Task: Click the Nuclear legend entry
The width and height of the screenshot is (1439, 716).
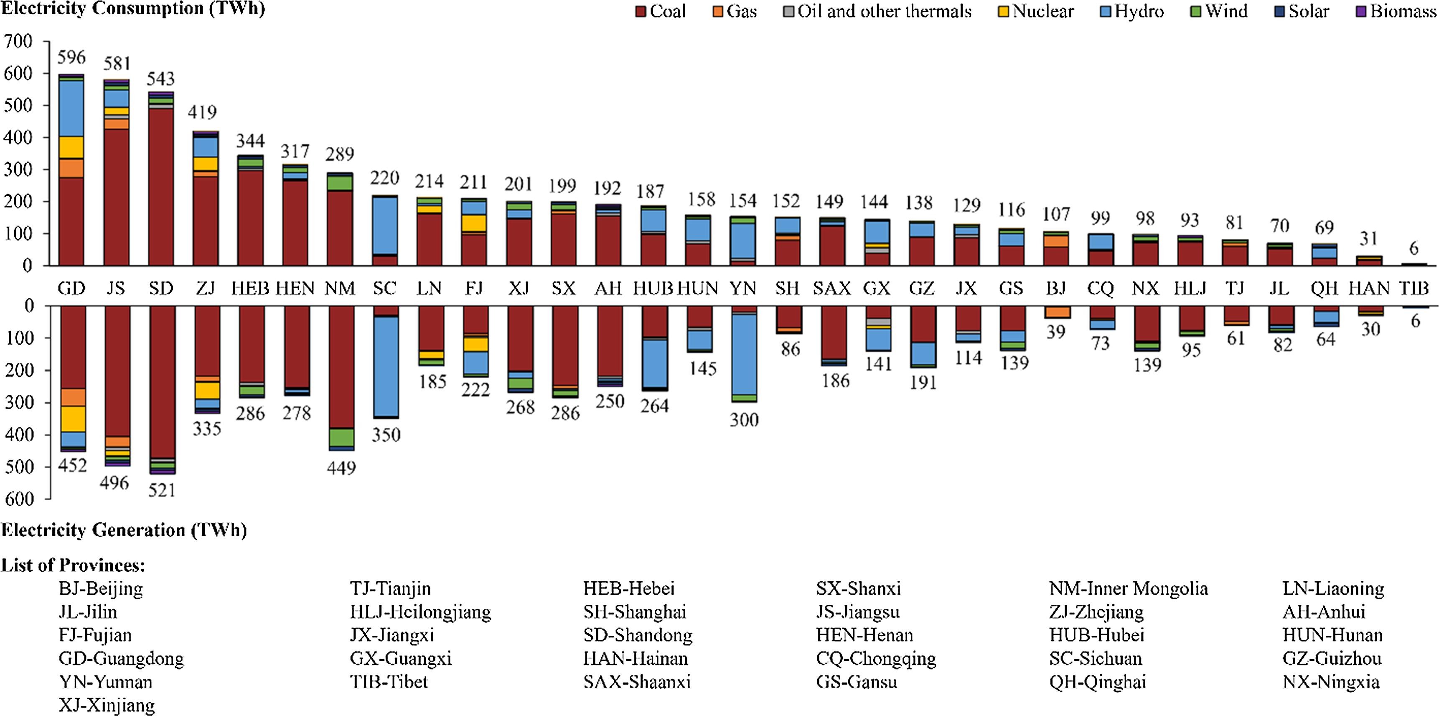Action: (1036, 11)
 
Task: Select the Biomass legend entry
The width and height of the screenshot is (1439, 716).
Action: (1396, 11)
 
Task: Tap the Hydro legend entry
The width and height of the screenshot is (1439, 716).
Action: (1132, 11)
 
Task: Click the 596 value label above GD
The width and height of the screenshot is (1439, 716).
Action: (71, 57)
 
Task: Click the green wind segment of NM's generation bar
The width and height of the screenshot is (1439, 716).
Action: (341, 437)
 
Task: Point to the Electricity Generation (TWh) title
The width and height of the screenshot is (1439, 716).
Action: (124, 530)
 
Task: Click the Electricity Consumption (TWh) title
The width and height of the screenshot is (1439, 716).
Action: (133, 8)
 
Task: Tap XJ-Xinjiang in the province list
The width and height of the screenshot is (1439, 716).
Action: (107, 706)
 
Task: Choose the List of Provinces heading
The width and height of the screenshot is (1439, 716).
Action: (73, 565)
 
